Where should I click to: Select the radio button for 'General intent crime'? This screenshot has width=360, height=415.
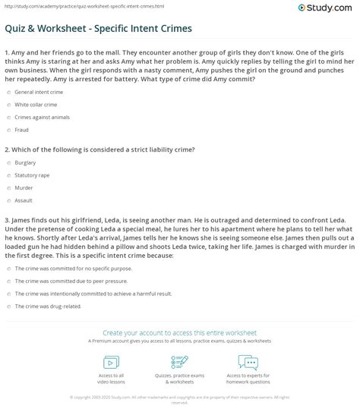coord(8,91)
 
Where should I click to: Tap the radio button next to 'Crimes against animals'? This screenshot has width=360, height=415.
coord(8,117)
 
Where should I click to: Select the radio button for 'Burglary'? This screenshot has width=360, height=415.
coord(8,162)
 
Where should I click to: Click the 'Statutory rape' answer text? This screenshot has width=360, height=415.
coord(33,174)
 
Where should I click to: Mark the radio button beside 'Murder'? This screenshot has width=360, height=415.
coord(8,187)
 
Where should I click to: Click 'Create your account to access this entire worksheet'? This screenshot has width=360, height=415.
coord(179,332)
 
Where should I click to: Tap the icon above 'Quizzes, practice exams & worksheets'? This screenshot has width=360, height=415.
coord(180,360)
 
